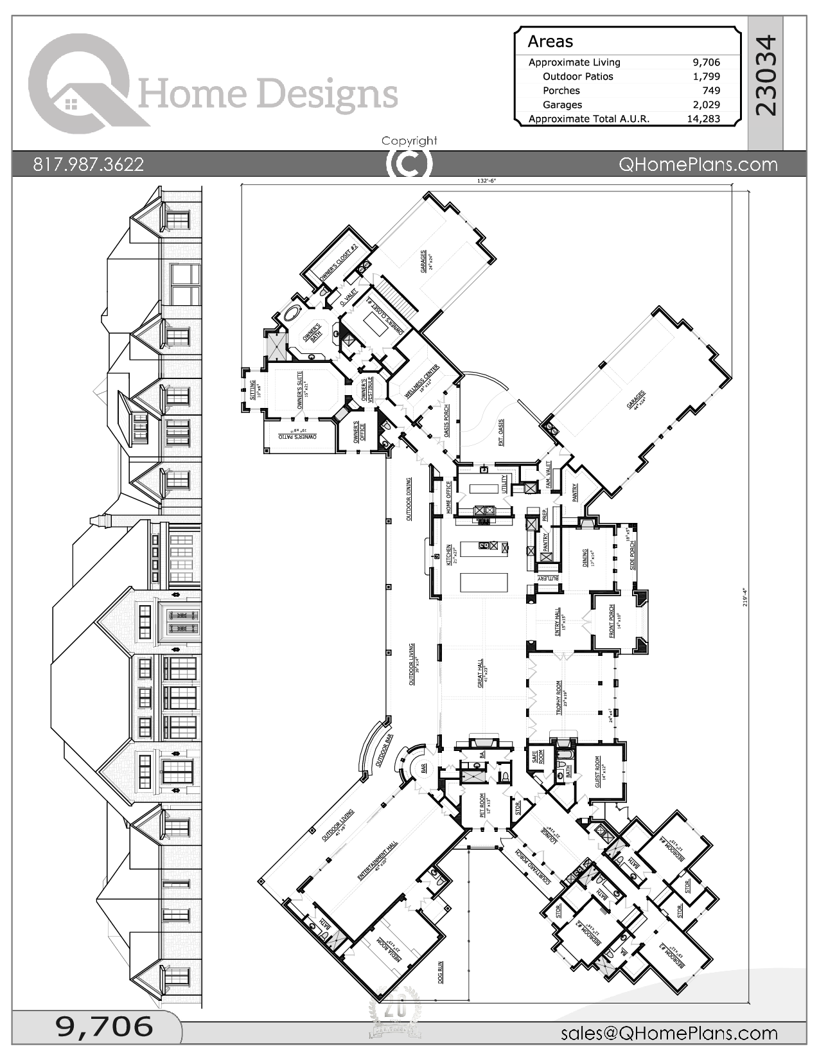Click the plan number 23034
click(766, 76)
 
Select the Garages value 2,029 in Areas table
click(706, 105)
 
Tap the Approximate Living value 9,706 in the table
click(706, 62)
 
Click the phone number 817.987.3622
click(89, 164)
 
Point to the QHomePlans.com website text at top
click(698, 164)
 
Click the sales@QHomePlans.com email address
click(669, 1033)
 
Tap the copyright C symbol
click(409, 163)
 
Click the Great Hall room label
click(480, 674)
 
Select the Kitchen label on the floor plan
click(449, 556)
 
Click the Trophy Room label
click(559, 698)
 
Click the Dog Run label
click(441, 974)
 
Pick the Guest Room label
click(597, 772)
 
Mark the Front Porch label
click(612, 621)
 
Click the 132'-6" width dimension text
click(487, 181)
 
